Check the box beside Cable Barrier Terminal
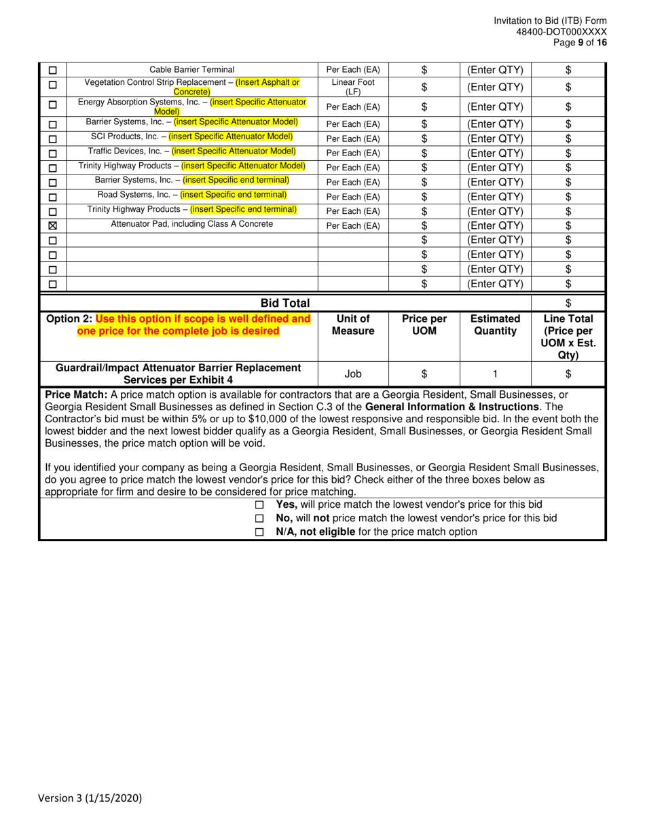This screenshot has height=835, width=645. (x=53, y=70)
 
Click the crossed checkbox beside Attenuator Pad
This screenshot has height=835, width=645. (x=53, y=225)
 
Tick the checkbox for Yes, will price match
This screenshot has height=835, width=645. (x=259, y=505)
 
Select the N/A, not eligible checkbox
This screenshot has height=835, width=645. (x=259, y=533)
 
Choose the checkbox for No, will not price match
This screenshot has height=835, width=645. (x=259, y=519)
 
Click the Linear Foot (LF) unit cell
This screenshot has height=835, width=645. (x=353, y=87)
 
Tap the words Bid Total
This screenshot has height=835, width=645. (x=285, y=303)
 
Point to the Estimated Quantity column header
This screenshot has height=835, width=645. (x=495, y=324)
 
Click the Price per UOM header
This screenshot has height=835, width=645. (x=424, y=324)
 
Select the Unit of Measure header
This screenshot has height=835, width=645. (x=353, y=324)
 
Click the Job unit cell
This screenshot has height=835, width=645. (x=353, y=373)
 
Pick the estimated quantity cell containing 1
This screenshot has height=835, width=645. (x=495, y=373)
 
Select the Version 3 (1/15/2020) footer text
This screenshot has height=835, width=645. (x=90, y=798)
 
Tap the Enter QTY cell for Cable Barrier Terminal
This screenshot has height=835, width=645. (x=495, y=70)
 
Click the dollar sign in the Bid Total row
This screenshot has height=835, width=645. (x=568, y=303)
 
